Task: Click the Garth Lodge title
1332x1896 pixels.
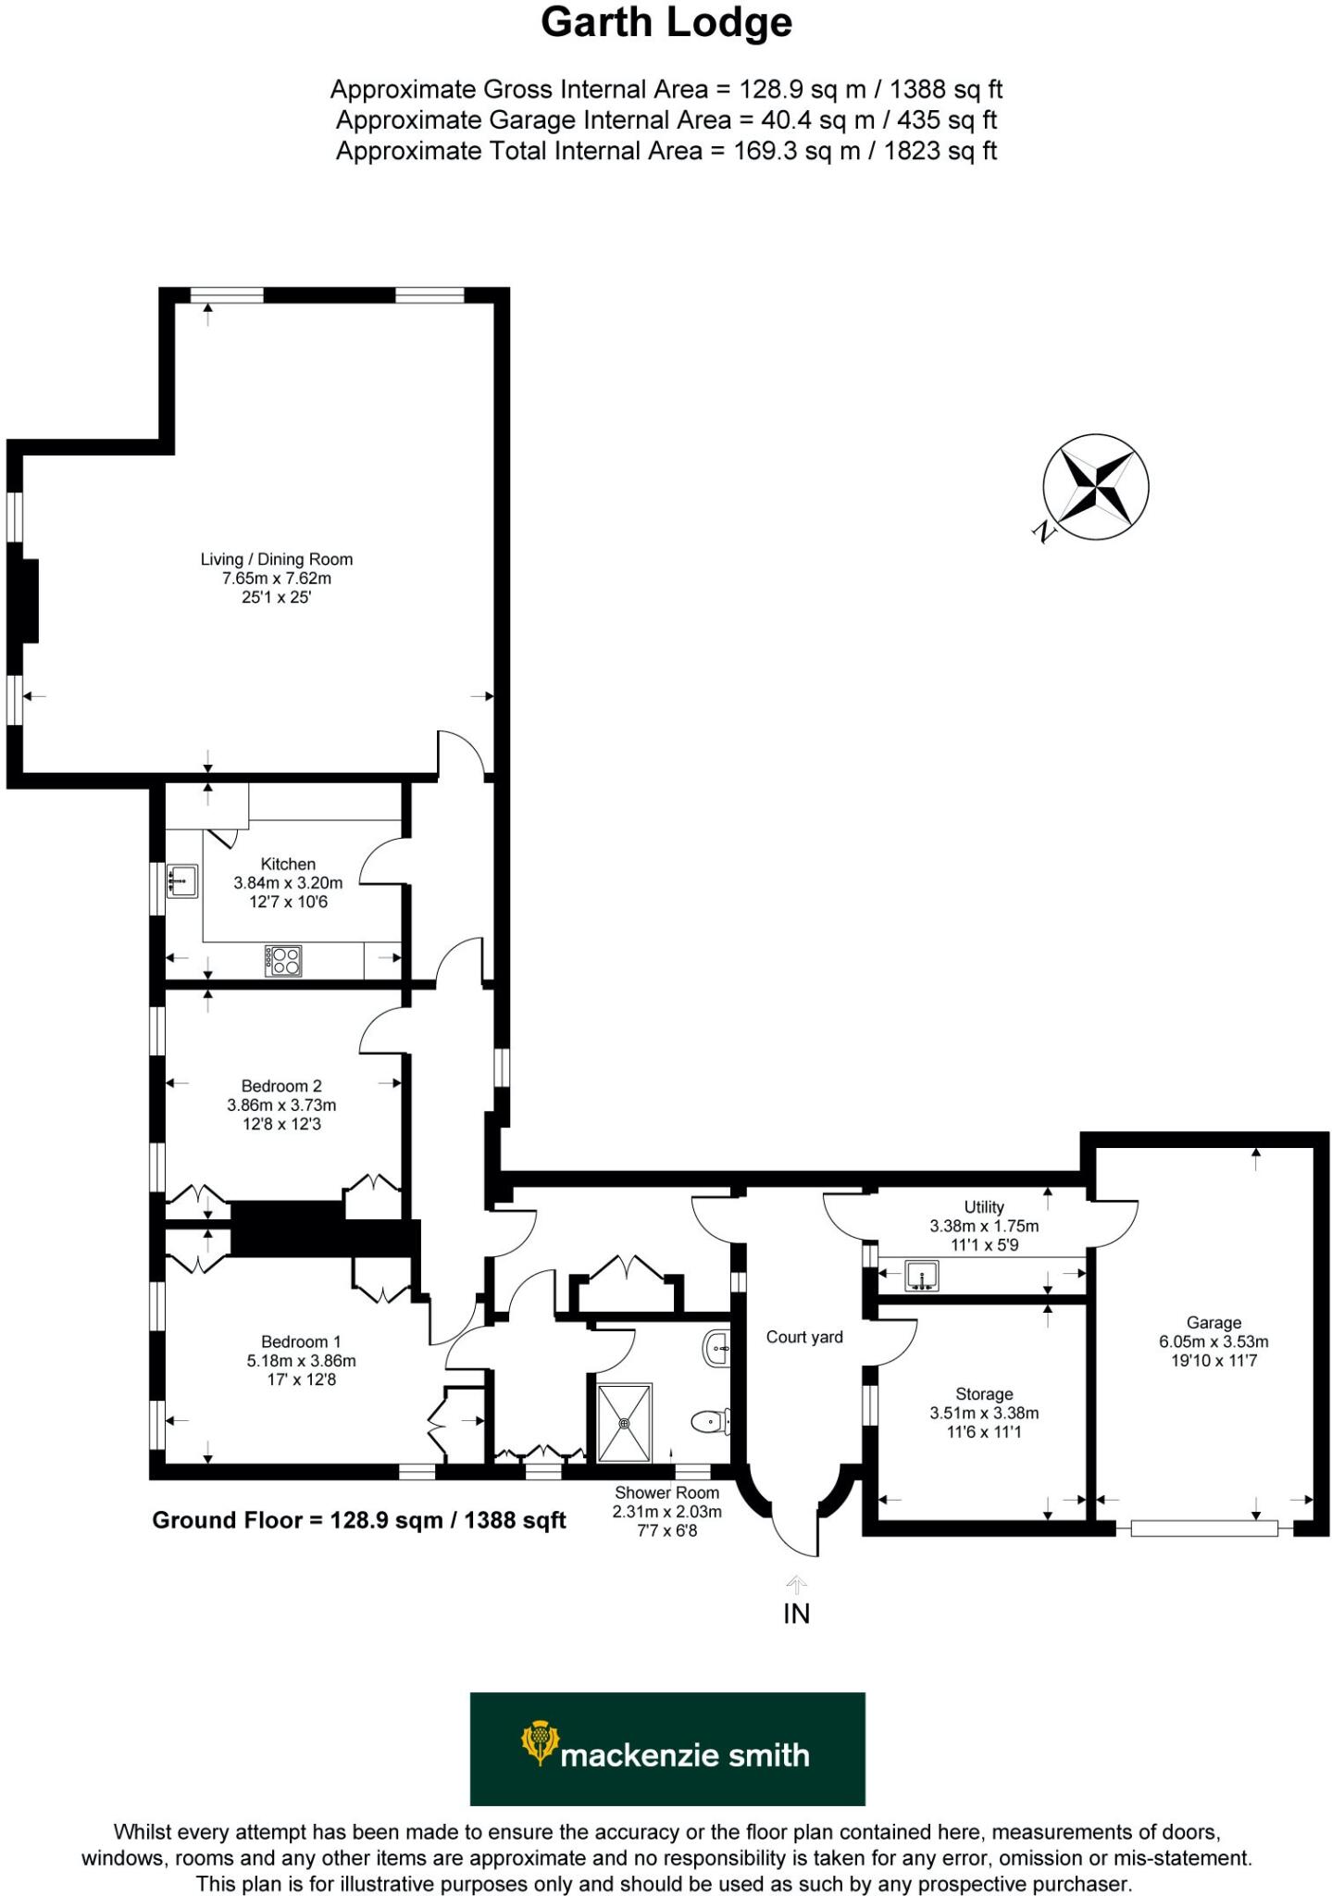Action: click(x=666, y=24)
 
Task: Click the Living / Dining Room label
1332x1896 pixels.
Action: click(x=276, y=559)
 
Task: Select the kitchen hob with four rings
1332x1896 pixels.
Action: click(x=283, y=960)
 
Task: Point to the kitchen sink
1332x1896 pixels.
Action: click(x=182, y=880)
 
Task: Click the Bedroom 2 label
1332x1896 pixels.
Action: click(x=280, y=1086)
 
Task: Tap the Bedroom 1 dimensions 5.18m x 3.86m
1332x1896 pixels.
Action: click(x=301, y=1361)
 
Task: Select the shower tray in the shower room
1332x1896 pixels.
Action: click(x=625, y=1422)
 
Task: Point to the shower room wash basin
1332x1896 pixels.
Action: click(x=717, y=1349)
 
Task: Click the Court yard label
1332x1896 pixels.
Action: click(x=803, y=1337)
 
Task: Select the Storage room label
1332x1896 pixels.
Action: click(x=984, y=1394)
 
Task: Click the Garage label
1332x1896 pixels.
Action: click(x=1213, y=1323)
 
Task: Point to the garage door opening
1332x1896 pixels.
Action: click(x=1203, y=1528)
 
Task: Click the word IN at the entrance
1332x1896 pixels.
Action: click(x=796, y=1615)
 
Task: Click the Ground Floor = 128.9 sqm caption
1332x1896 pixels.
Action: click(x=358, y=1520)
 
